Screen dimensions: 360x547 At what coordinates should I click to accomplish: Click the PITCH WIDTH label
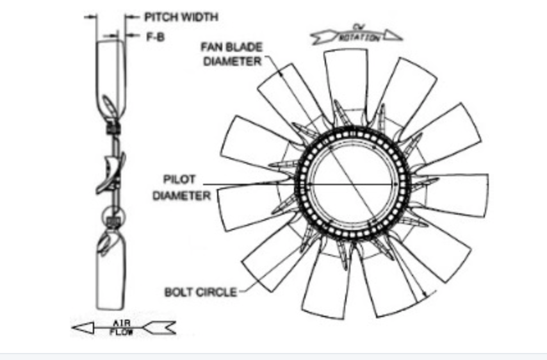pyautogui.click(x=172, y=17)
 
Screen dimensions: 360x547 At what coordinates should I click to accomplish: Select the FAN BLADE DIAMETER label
pyautogui.click(x=231, y=54)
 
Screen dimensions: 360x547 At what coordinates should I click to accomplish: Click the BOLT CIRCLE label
pyautogui.click(x=200, y=292)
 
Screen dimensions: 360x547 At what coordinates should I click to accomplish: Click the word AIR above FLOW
pyautogui.click(x=122, y=323)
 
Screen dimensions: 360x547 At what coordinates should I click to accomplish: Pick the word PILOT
pyautogui.click(x=180, y=179)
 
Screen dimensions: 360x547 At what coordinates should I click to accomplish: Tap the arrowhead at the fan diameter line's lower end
pyautogui.click(x=424, y=297)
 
